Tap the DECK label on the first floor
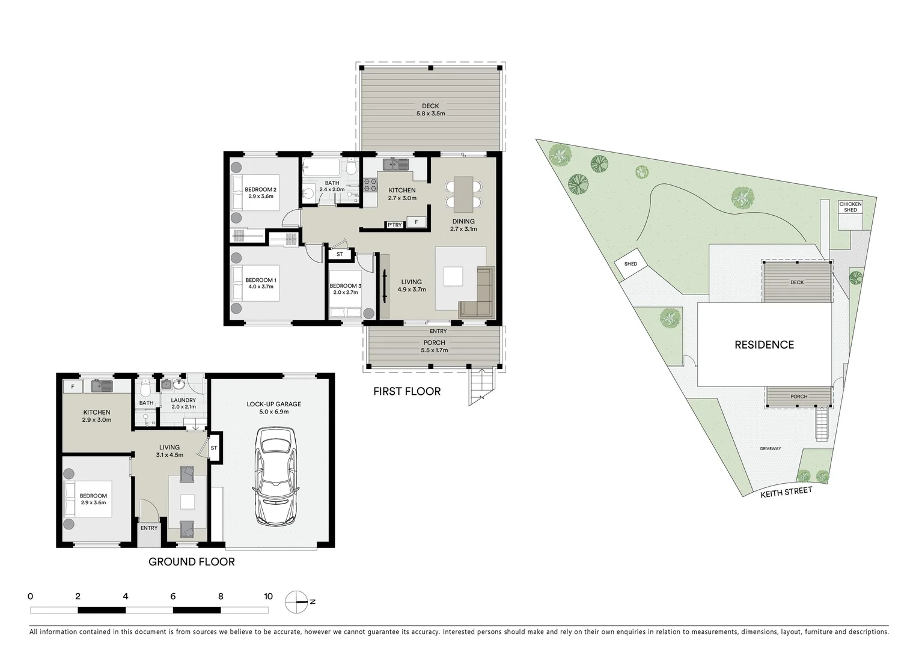(x=430, y=106)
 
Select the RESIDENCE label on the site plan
(x=764, y=345)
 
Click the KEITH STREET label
(x=786, y=492)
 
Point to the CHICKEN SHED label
(x=850, y=207)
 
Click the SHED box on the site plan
(x=630, y=264)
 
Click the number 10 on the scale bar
(x=268, y=597)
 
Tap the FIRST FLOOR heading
(x=407, y=392)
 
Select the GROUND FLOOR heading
(x=191, y=562)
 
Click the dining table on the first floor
(x=463, y=194)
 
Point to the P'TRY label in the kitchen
(x=394, y=225)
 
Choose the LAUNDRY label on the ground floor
(x=183, y=400)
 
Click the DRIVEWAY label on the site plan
(x=770, y=449)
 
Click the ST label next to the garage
(x=213, y=448)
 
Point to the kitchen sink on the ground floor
(x=102, y=386)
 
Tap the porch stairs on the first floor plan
(x=481, y=385)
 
